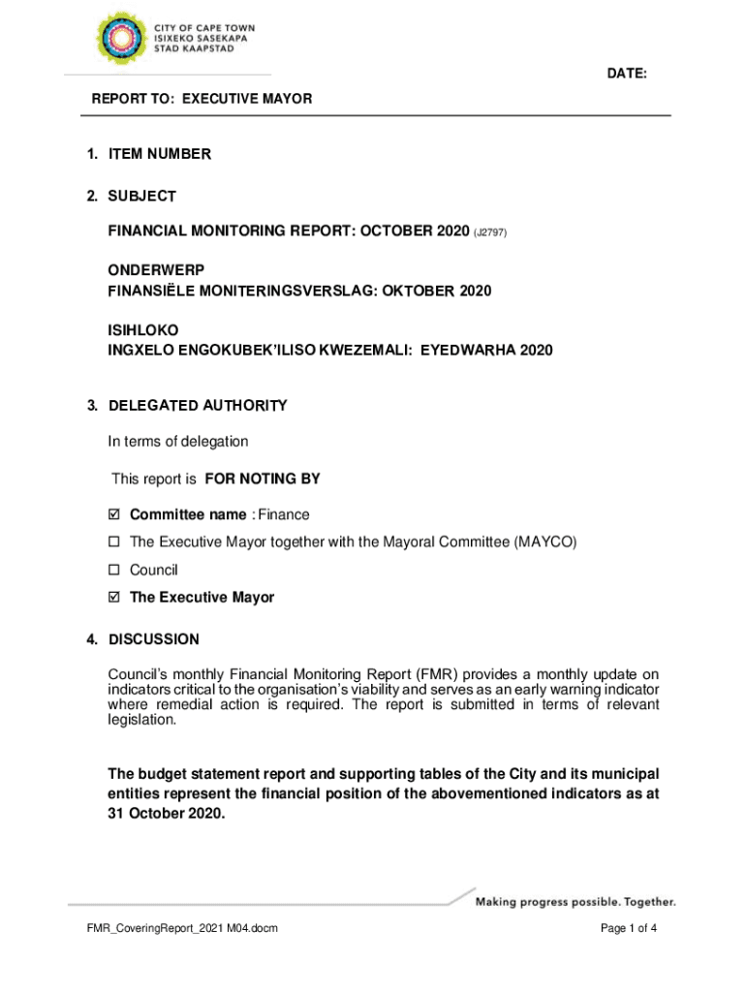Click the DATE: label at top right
[x=627, y=75]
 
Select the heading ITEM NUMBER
[x=159, y=154]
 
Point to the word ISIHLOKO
[x=142, y=330]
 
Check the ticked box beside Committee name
[x=114, y=515]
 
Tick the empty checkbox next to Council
[x=114, y=571]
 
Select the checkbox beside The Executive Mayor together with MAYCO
[x=114, y=542]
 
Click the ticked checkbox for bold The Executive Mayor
[x=114, y=598]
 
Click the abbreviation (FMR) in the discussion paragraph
[x=433, y=675]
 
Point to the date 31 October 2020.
[x=166, y=814]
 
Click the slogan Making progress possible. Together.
[x=575, y=903]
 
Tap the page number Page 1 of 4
[x=630, y=930]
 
